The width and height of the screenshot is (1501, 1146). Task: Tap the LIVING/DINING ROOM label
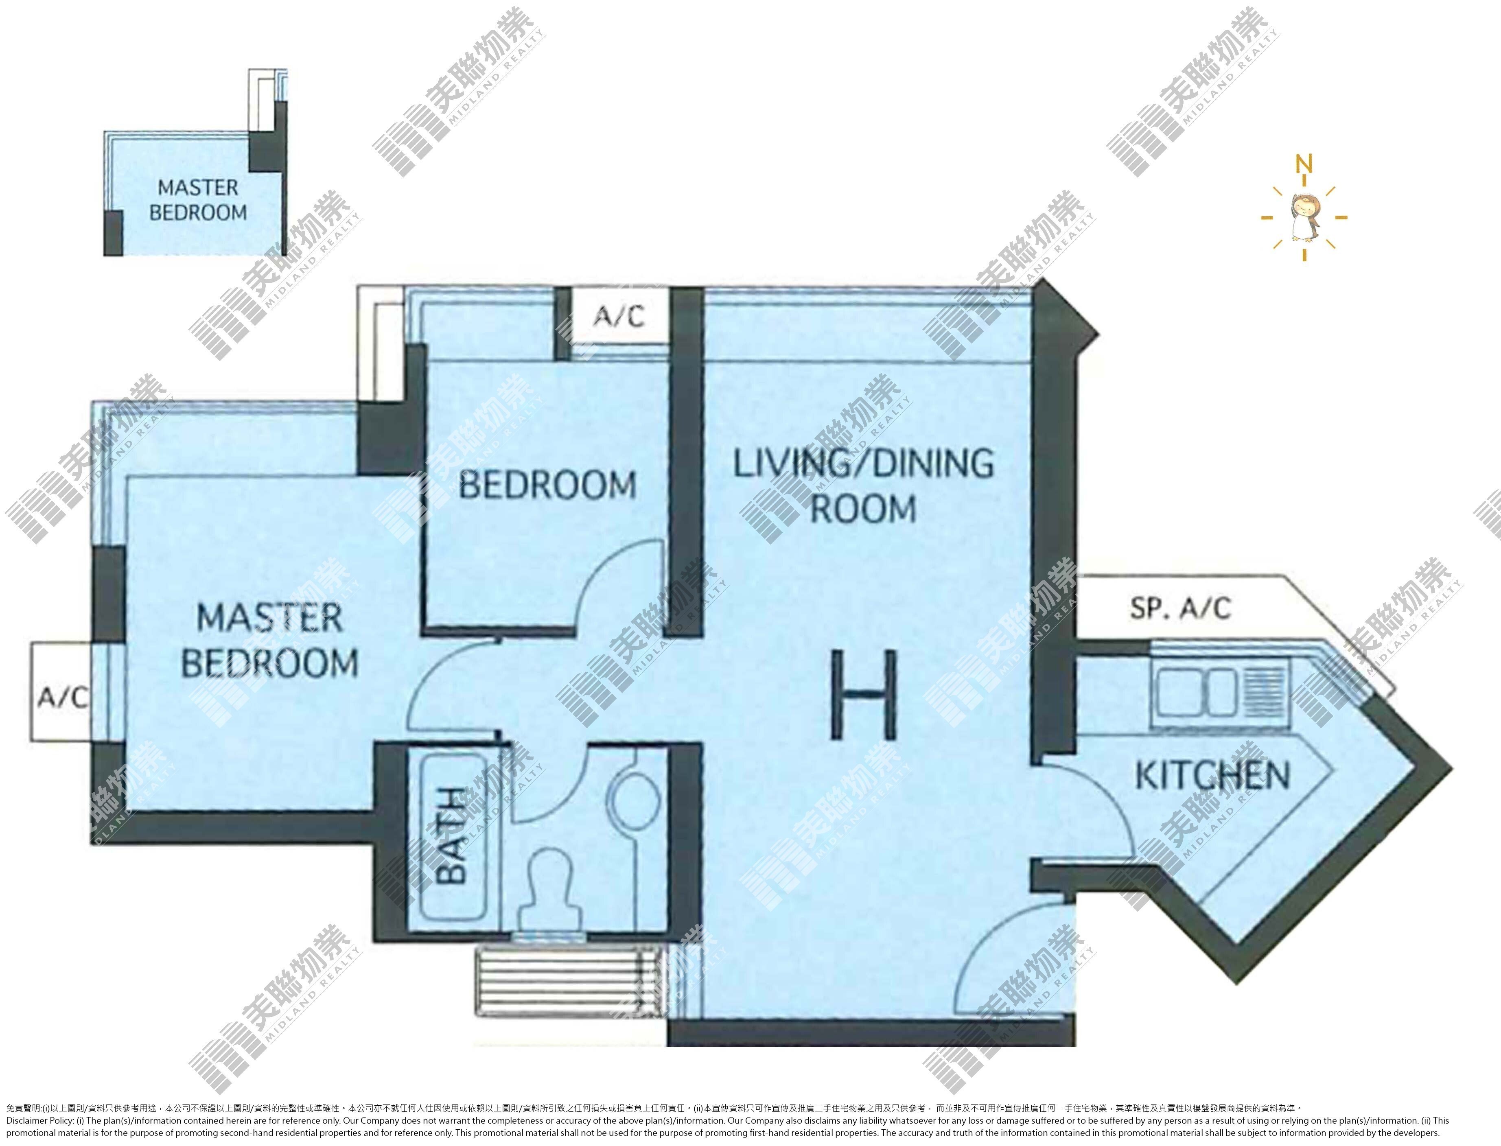[x=863, y=486]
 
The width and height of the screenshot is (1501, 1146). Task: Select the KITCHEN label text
[x=1212, y=776]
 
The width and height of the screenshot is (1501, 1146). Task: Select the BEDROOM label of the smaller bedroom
[x=547, y=485]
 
